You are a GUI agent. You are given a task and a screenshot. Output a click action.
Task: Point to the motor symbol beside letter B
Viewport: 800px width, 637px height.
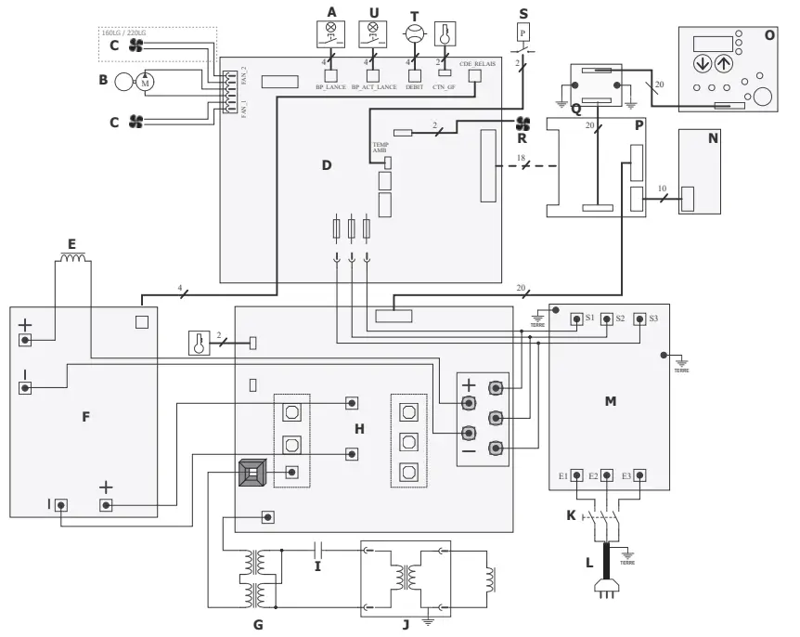[x=147, y=82]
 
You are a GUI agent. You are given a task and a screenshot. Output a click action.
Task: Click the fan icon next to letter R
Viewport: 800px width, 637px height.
[x=523, y=123]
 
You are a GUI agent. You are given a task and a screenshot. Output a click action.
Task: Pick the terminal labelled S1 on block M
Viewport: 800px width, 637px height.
[x=576, y=318]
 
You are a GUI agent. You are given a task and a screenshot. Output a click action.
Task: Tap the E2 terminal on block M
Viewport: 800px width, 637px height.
[x=606, y=475]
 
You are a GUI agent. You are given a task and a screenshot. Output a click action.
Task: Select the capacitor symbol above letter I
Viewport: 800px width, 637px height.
[x=317, y=549]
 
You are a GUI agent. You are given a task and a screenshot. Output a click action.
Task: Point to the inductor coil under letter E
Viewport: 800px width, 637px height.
[x=74, y=262]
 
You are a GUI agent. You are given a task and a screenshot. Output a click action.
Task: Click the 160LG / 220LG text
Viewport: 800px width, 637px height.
[x=129, y=33]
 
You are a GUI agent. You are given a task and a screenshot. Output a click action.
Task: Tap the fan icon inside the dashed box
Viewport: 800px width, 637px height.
[x=136, y=45]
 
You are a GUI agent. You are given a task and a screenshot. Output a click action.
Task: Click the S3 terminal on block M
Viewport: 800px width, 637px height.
[x=640, y=318]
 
